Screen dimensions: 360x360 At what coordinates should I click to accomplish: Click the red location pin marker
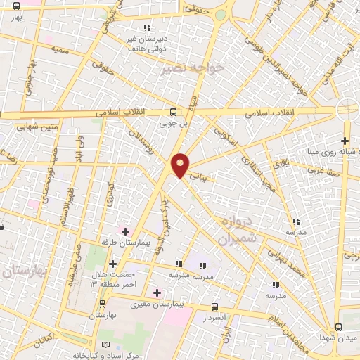tap(180, 165)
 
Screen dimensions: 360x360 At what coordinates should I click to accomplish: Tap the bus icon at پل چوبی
tap(173, 111)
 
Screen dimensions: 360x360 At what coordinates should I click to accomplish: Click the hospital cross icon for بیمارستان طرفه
tap(126, 231)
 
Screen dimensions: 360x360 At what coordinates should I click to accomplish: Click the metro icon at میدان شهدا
tap(339, 327)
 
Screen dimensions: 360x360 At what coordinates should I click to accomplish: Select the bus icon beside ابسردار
tap(216, 307)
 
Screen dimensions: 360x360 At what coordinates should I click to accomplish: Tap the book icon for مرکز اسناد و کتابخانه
tap(105, 345)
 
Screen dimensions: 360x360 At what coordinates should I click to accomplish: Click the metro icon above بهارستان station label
tap(103, 304)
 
